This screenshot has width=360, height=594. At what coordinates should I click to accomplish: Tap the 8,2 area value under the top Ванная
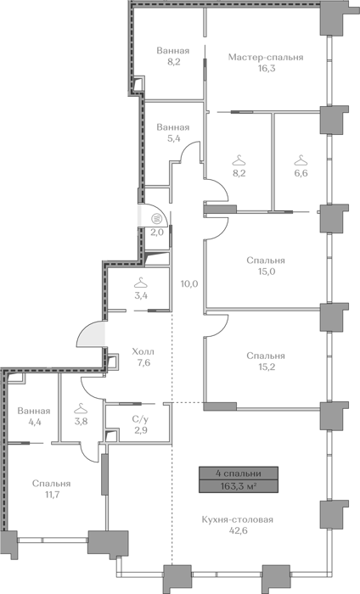(173, 62)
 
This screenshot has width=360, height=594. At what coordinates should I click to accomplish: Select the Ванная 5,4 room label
(173, 132)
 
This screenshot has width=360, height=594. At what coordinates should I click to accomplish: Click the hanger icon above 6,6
(301, 160)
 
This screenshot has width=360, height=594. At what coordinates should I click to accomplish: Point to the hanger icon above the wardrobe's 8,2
(239, 160)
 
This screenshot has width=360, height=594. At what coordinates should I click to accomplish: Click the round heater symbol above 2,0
(156, 219)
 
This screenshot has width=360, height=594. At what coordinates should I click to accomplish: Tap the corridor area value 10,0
(189, 283)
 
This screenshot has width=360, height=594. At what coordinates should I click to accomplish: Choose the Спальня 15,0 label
(266, 266)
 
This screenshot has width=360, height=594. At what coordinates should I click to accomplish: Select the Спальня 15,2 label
(266, 361)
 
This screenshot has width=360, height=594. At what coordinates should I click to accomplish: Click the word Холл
(143, 352)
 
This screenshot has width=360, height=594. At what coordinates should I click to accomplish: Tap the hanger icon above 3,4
(141, 283)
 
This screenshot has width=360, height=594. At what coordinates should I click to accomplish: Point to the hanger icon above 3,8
(81, 408)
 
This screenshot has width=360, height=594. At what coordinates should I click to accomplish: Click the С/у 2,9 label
(140, 424)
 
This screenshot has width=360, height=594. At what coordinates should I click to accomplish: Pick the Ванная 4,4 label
(34, 417)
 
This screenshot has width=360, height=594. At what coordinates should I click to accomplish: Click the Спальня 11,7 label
(52, 489)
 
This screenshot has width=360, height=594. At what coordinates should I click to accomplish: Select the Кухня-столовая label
(238, 519)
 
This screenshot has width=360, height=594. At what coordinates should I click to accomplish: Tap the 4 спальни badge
(239, 474)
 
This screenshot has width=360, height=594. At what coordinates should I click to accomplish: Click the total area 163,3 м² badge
(239, 486)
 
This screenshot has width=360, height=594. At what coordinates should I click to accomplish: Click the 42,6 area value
(238, 530)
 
